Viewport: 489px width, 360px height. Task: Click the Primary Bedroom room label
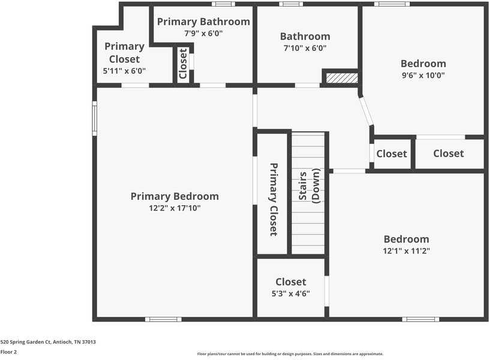pos(175,196)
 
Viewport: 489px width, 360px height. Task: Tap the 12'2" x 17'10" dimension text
pos(175,208)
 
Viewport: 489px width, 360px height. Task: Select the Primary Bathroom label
pos(203,22)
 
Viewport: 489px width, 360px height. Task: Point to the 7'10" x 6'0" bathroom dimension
pos(305,48)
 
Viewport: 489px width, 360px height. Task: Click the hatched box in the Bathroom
pos(341,77)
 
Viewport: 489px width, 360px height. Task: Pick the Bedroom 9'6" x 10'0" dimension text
pos(423,76)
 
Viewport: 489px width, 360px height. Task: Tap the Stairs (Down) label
pos(310,185)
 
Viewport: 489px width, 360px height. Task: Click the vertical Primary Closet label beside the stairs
pos(273,199)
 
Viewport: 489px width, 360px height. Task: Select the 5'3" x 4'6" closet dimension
pos(291,293)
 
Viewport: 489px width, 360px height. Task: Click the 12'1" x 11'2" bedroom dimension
pos(406,251)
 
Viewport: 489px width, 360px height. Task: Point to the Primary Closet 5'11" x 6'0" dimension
pos(124,71)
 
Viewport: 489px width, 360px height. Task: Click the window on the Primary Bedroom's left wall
pos(94,118)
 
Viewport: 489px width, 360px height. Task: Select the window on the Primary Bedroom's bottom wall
pos(163,319)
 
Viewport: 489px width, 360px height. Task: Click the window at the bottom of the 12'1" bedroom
pos(420,319)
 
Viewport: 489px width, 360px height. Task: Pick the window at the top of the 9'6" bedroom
pos(392,4)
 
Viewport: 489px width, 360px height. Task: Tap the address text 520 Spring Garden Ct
pos(48,342)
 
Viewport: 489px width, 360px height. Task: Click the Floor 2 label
pos(8,352)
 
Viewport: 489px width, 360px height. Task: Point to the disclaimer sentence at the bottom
pos(290,354)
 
